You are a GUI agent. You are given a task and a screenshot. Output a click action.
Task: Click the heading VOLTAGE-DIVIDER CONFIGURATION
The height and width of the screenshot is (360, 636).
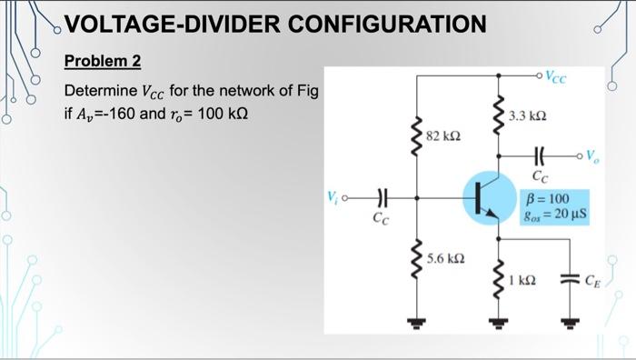pos(276,25)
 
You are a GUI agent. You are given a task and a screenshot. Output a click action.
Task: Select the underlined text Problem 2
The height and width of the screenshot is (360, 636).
pos(103,62)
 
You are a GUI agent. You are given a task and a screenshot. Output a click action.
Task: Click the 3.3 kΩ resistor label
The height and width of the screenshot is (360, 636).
pos(527,117)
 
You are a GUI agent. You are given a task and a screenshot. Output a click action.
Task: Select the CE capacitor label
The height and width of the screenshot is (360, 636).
pos(594,279)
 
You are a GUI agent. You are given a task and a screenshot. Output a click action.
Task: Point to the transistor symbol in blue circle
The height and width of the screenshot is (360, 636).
pos(485,195)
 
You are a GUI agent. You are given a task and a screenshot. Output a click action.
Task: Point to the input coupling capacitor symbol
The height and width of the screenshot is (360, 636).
pos(383,195)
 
